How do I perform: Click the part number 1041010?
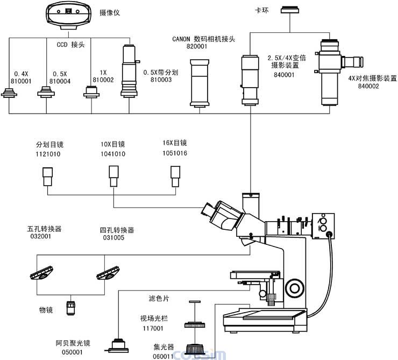[x=113, y=154]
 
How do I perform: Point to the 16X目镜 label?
[x=174, y=143]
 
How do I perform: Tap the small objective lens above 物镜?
[x=70, y=308]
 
